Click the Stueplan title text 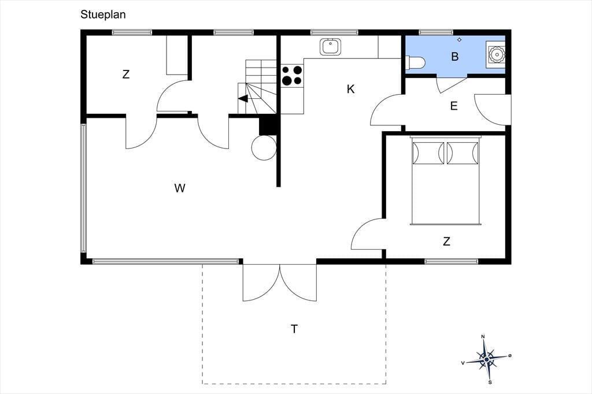pos(103,14)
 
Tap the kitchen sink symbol pos(330,47)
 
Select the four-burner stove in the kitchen pos(292,76)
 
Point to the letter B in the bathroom pos(455,57)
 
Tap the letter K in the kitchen pos(351,89)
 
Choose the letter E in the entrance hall pos(454,106)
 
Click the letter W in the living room pos(180,188)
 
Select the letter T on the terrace pos(294,329)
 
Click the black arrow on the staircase pos(243,98)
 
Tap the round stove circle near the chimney pos(264,147)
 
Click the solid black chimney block pos(268,125)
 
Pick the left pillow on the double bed pos(428,153)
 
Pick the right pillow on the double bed pos(462,153)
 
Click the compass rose pos(487,359)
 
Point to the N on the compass pos(483,337)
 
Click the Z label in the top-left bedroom pos(126,74)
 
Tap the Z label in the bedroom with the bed pos(447,241)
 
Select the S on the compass pos(490,382)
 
